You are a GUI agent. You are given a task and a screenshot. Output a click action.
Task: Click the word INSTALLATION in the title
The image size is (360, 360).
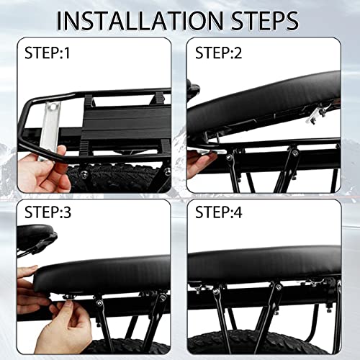point(140,21)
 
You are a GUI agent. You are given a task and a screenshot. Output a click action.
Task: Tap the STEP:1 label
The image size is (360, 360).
point(47,53)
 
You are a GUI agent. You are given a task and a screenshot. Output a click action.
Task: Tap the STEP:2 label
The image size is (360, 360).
point(218,53)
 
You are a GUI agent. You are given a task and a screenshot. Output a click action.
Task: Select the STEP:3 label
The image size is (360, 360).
point(48,212)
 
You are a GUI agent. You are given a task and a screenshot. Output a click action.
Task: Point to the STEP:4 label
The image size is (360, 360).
point(219,212)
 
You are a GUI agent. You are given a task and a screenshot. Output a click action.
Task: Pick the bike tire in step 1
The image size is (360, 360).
point(115,178)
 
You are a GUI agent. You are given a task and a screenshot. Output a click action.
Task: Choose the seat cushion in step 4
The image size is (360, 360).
point(264,264)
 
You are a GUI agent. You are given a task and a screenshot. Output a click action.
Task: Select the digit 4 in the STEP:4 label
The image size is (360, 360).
point(238,212)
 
